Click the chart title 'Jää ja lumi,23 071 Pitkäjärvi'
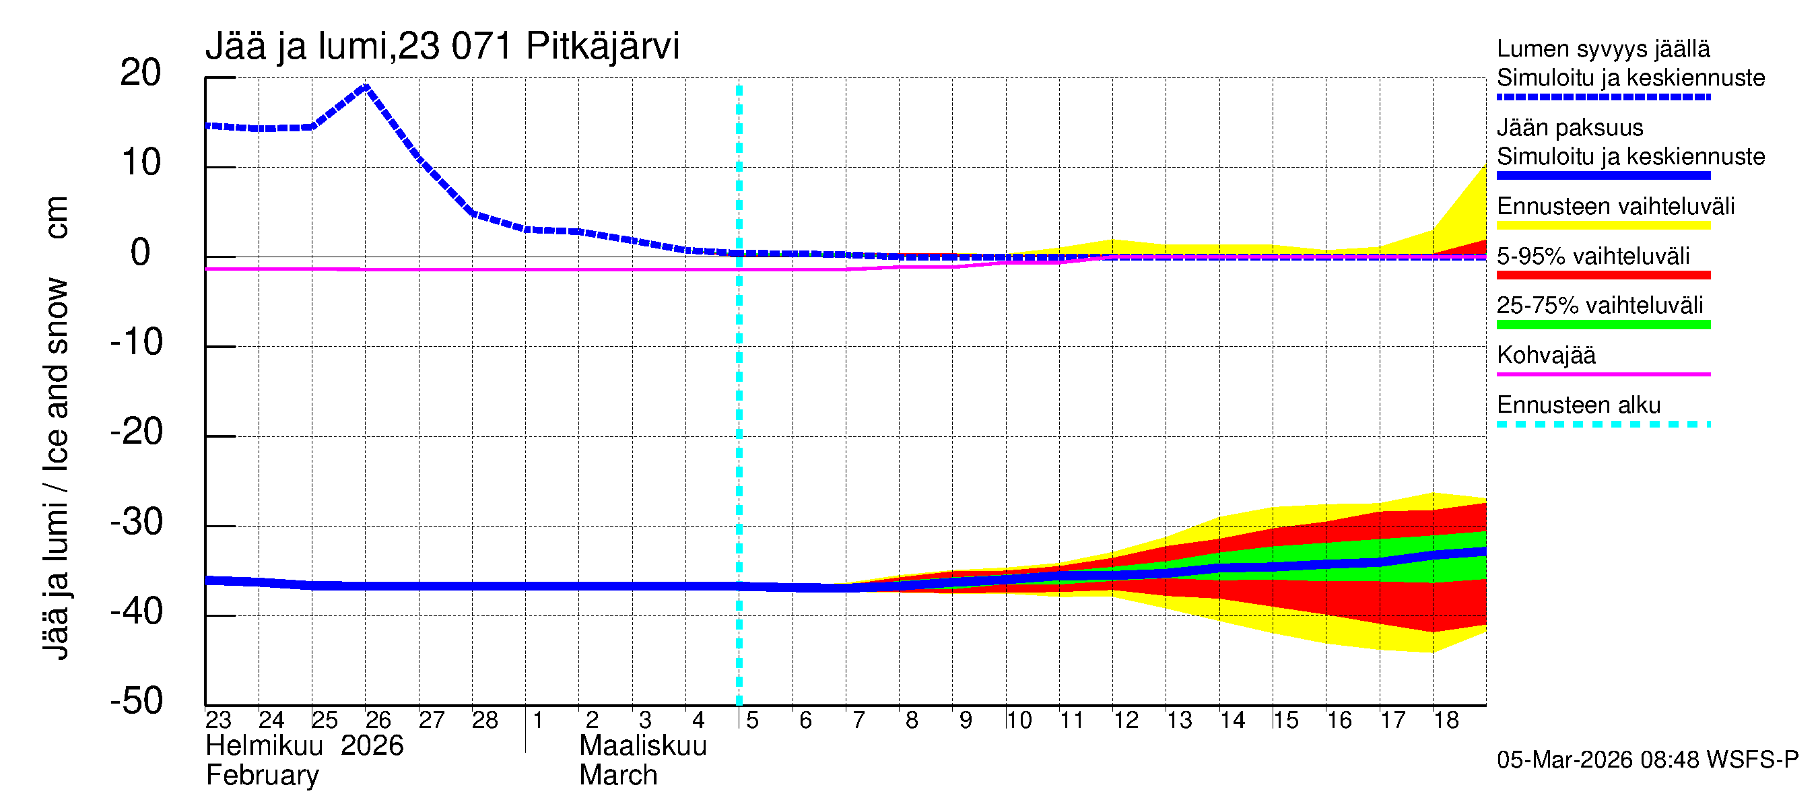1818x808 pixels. click(442, 46)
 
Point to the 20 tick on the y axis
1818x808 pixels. click(141, 73)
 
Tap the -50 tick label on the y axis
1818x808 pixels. click(137, 701)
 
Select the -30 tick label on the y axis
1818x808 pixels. click(137, 523)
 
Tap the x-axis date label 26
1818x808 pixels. click(378, 720)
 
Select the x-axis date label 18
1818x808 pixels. click(1446, 720)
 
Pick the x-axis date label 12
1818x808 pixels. click(1126, 720)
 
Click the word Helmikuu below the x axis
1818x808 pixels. click(264, 746)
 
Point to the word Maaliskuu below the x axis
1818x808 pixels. click(642, 746)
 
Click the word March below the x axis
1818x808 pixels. click(618, 776)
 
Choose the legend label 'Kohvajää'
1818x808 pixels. click(1545, 355)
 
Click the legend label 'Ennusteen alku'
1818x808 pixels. click(1578, 405)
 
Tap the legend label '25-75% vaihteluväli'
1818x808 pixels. click(1599, 306)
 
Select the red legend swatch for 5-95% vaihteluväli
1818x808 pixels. click(1603, 275)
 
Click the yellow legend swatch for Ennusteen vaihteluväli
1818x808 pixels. click(1603, 226)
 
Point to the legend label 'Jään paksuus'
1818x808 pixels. click(1570, 128)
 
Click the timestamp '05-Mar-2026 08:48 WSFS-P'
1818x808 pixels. click(1647, 760)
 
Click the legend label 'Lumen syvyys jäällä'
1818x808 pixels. click(1603, 49)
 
